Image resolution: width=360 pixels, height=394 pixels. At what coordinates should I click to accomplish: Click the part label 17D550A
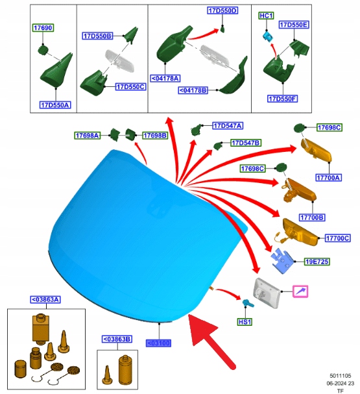[x=55, y=105]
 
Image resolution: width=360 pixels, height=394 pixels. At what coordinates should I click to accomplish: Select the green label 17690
[x=43, y=28]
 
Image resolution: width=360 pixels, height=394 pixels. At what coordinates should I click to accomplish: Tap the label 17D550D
[x=222, y=10]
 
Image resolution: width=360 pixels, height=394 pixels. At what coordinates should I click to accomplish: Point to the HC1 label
[x=267, y=16]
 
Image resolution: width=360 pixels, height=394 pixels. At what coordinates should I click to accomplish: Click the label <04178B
[x=193, y=90]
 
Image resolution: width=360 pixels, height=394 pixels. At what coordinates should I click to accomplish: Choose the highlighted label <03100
[x=158, y=343]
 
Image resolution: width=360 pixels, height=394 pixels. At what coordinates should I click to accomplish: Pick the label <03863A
[x=45, y=299]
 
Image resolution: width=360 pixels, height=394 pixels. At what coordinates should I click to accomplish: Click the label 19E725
[x=317, y=262]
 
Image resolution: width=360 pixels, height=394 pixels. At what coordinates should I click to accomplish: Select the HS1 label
[x=245, y=322]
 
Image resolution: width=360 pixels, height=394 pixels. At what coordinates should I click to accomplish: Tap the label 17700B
[x=312, y=217]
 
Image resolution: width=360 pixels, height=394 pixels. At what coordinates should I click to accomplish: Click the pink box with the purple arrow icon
[x=300, y=291]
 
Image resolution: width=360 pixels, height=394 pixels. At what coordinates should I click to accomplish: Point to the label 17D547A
[x=228, y=125]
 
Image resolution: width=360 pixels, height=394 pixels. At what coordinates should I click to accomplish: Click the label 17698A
[x=88, y=136]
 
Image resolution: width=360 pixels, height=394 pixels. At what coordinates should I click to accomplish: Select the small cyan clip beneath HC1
[x=268, y=36]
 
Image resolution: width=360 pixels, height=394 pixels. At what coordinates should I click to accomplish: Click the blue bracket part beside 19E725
[x=282, y=261]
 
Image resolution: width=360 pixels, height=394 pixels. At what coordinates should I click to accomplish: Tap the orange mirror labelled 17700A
[x=317, y=150]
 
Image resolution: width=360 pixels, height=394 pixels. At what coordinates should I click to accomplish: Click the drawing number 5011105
[x=340, y=376]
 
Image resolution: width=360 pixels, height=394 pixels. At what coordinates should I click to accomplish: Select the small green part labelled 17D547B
[x=217, y=145]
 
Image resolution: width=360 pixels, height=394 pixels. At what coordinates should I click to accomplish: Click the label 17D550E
[x=294, y=25]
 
